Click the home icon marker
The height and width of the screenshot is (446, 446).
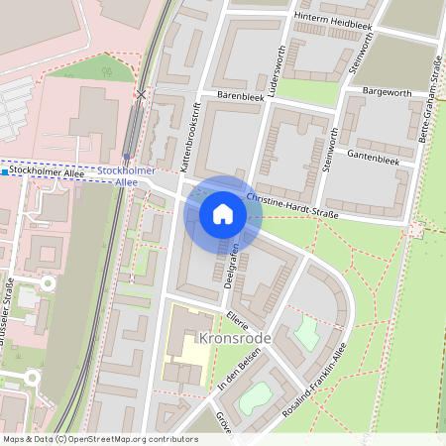[223, 214]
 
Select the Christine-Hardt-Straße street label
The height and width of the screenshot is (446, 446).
[292, 207]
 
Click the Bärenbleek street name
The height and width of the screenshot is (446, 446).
[235, 98]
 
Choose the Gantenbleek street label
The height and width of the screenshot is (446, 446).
[373, 158]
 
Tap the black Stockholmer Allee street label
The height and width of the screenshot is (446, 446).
[46, 172]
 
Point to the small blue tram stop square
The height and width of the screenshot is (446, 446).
[5, 172]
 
